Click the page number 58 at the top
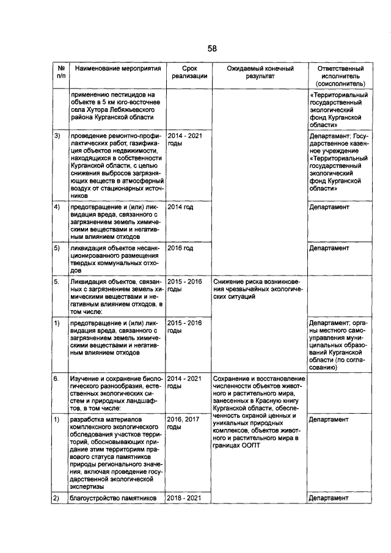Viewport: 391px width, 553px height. tap(211, 48)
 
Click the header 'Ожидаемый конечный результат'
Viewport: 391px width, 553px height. tap(260, 73)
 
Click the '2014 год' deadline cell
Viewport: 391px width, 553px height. tap(180, 208)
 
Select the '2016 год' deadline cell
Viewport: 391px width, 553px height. tap(180, 249)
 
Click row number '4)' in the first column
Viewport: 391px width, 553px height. tap(57, 208)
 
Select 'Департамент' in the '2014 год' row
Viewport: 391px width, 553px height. tap(329, 208)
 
